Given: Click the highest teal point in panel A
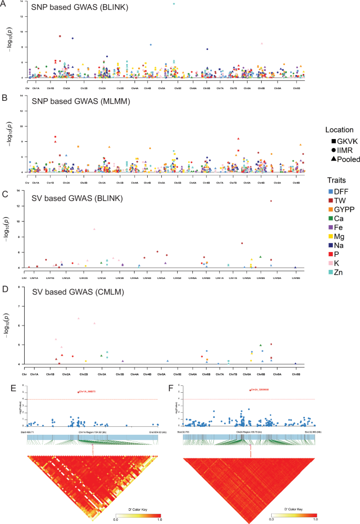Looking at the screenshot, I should [174, 4].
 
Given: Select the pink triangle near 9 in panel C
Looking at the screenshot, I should [94, 229].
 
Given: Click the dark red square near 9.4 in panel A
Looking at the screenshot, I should [60, 36].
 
